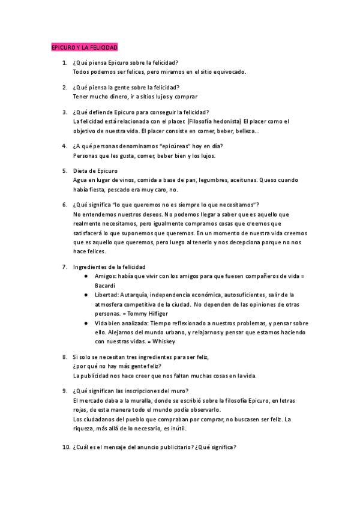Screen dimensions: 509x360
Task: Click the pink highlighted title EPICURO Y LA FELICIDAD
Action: point(84,47)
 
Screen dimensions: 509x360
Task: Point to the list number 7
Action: point(65,267)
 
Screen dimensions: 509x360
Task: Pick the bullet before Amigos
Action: point(87,276)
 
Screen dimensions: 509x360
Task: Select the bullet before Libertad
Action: point(87,295)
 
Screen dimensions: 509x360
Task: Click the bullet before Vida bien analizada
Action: point(87,322)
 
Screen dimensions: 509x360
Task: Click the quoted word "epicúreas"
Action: point(174,146)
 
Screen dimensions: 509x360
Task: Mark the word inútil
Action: point(176,429)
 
